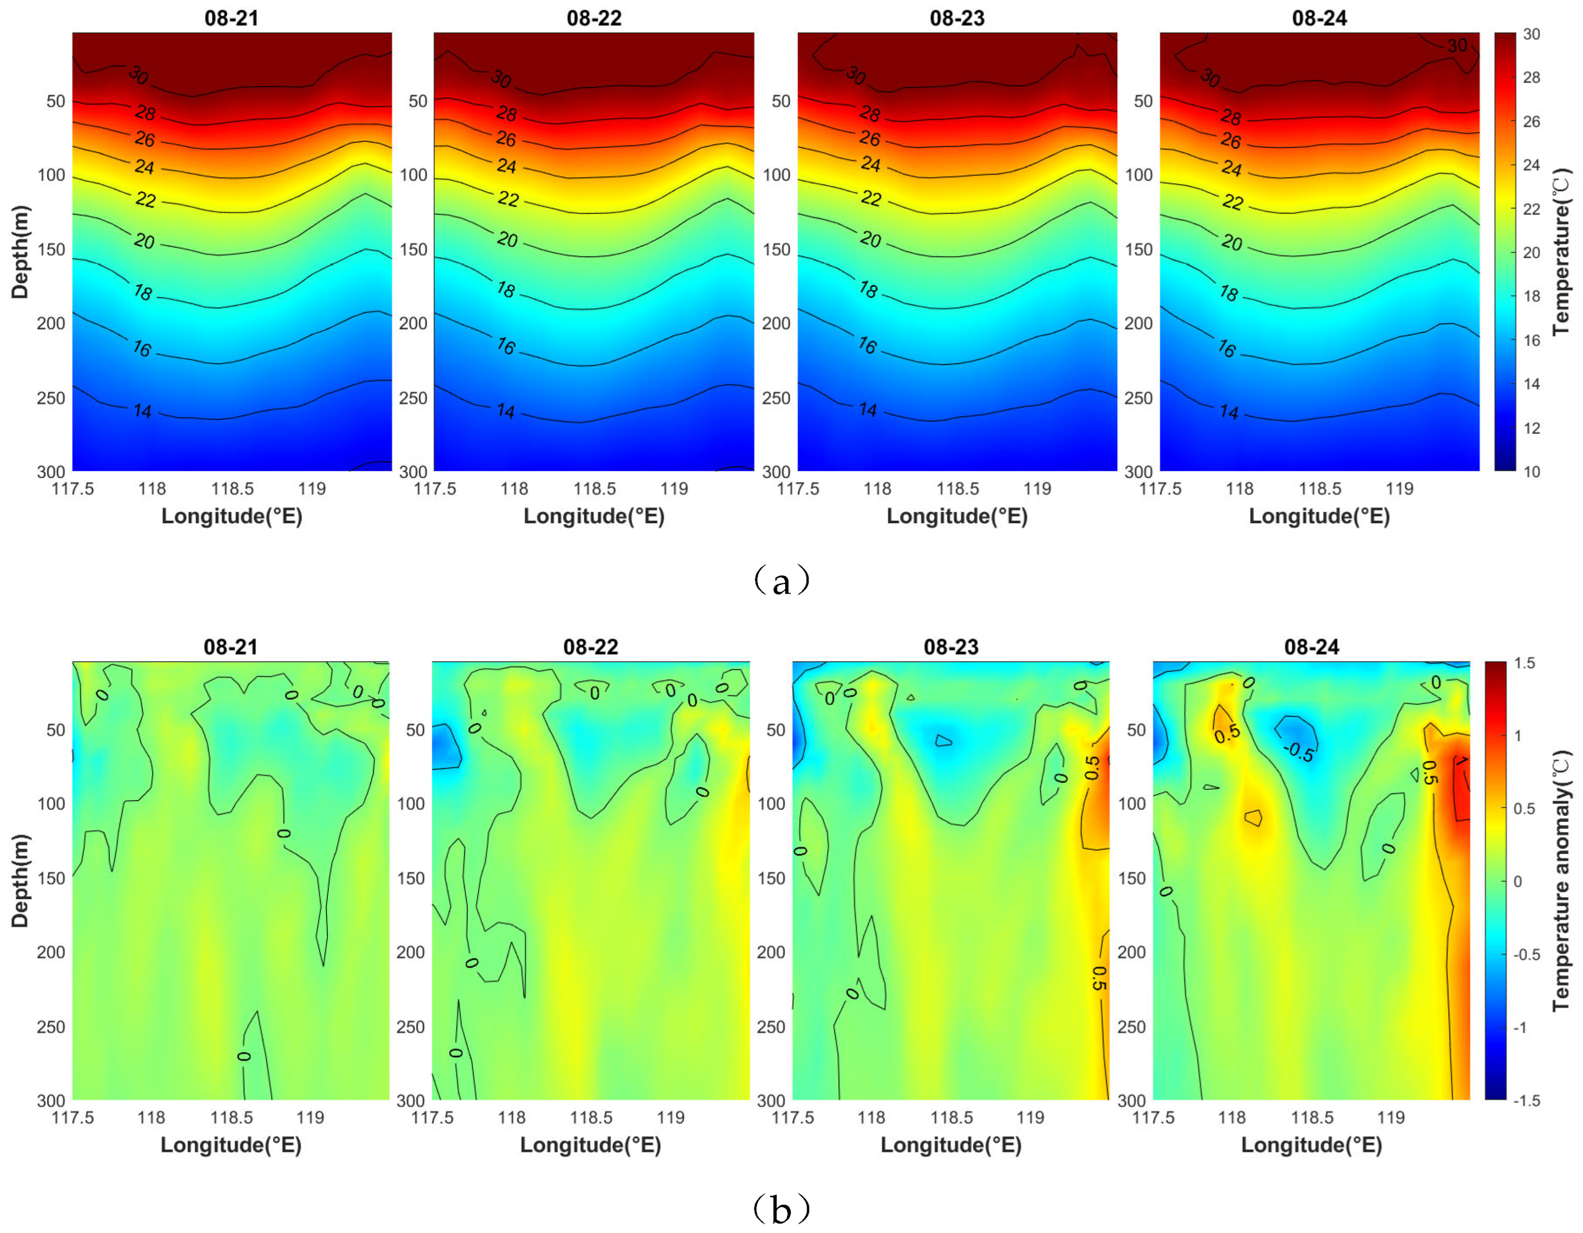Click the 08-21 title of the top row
(x=231, y=18)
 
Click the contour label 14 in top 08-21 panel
(x=143, y=411)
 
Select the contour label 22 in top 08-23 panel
(x=871, y=198)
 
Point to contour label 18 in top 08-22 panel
(x=506, y=290)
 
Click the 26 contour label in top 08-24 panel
(x=1231, y=140)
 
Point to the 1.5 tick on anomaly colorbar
(x=1524, y=663)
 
